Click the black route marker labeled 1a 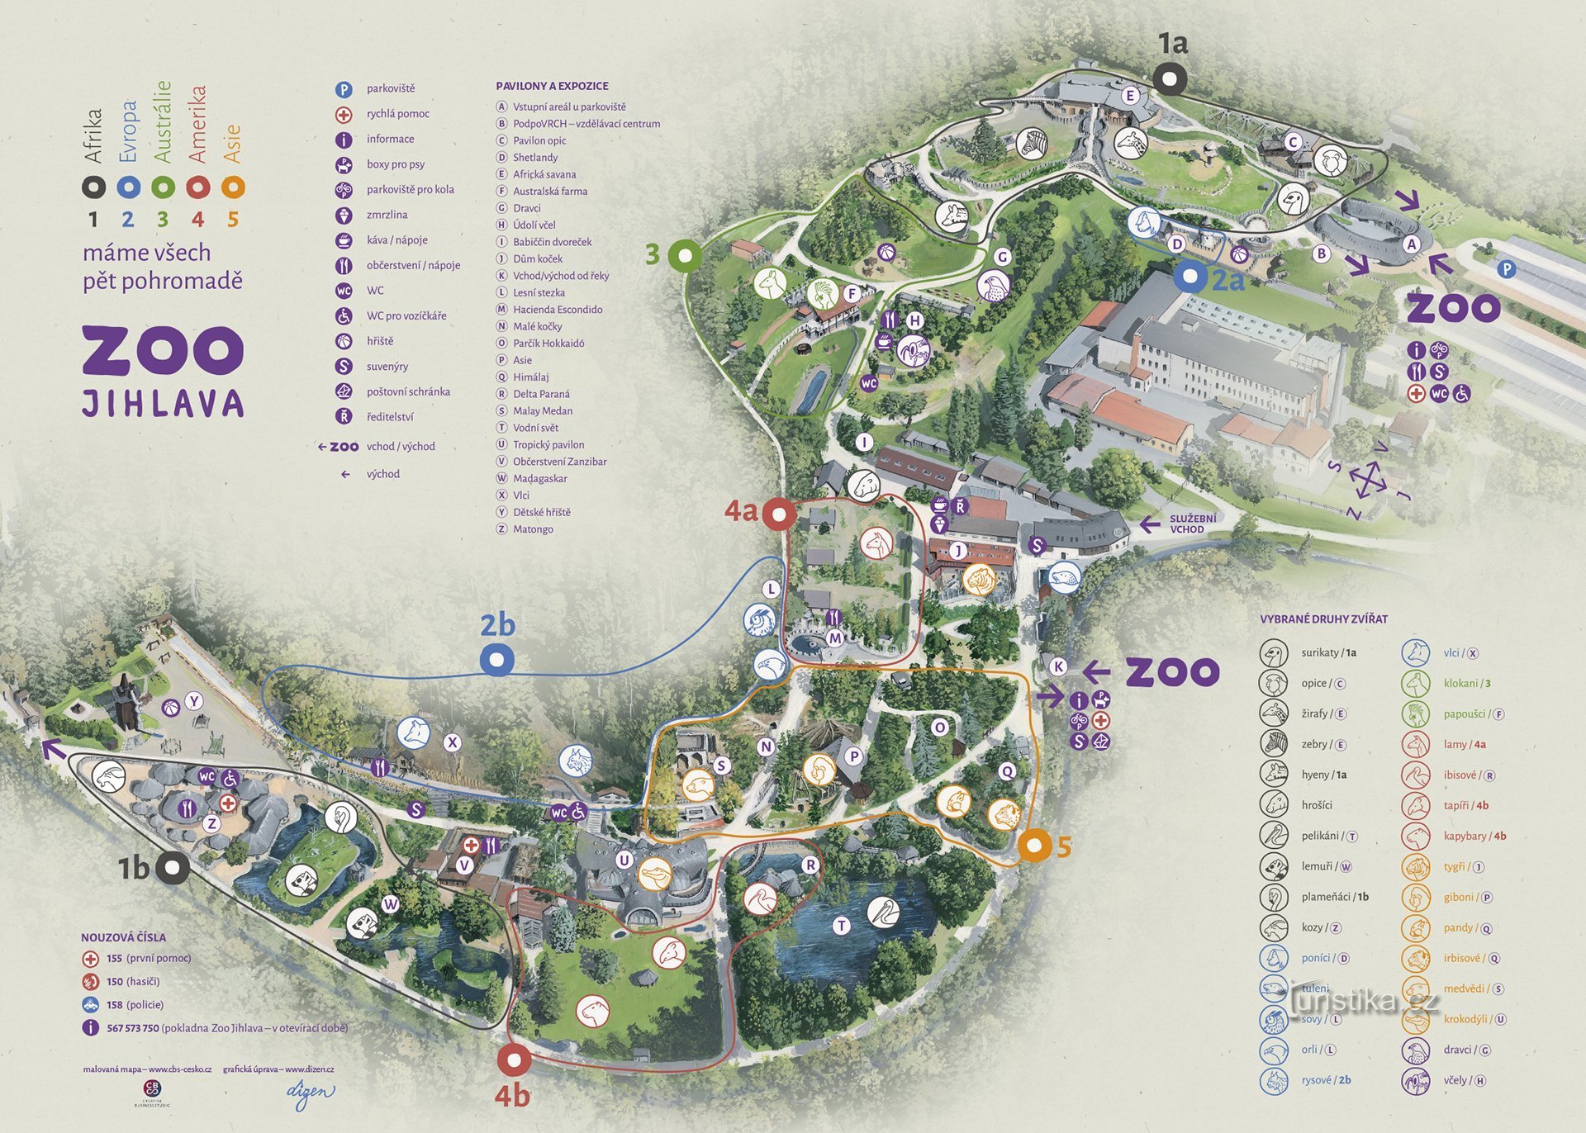tap(1170, 79)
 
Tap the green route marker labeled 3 tap(685, 256)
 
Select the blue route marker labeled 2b tap(496, 660)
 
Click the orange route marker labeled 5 tap(1034, 846)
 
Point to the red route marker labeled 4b tap(514, 1060)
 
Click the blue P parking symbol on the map tap(1507, 269)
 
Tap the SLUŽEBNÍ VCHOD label tap(1192, 524)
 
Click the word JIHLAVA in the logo tap(163, 404)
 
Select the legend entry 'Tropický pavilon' tap(548, 444)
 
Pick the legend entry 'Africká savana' tap(544, 174)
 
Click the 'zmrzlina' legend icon tap(344, 216)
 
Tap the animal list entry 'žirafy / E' tap(1322, 713)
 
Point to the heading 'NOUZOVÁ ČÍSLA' tap(123, 937)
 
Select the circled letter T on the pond tap(841, 926)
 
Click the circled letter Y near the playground tap(193, 701)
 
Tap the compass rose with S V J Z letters tap(1369, 480)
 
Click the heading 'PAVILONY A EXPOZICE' tap(552, 86)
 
